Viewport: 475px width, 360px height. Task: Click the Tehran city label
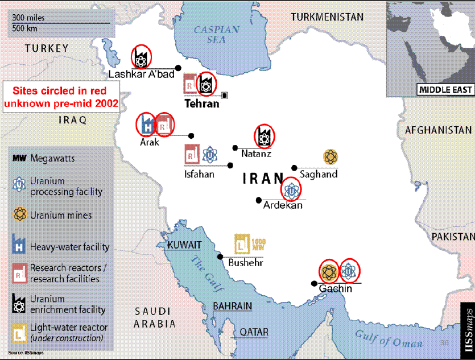pos(201,104)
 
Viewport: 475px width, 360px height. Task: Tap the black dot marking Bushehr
pos(220,256)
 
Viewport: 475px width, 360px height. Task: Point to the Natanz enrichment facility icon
pos(263,135)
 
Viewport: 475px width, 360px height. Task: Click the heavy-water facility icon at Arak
pos(146,124)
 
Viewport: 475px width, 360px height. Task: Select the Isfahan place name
pos(199,174)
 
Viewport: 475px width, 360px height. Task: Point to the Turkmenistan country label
pos(327,17)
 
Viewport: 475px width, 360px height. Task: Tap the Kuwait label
pos(184,245)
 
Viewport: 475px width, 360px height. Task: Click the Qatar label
pos(254,332)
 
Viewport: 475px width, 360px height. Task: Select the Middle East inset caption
pos(445,89)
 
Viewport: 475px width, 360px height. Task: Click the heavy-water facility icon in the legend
pos(20,246)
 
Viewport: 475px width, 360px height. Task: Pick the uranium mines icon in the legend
pos(20,215)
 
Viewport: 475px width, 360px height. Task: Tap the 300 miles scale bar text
pos(28,18)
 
